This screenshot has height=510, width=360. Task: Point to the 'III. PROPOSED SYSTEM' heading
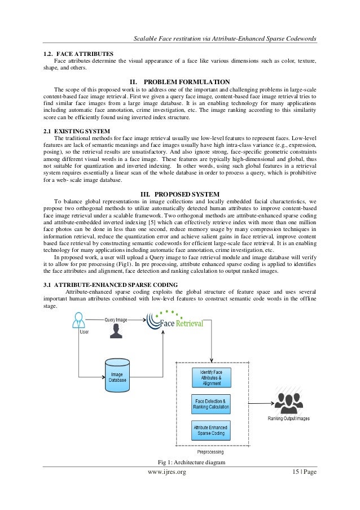point(179,195)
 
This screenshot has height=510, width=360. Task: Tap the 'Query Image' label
point(116,320)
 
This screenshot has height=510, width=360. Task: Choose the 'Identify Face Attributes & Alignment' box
point(211,377)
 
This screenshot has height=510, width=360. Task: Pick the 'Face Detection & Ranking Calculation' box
point(211,404)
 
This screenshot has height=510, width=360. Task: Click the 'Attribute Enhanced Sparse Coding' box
point(211,430)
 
